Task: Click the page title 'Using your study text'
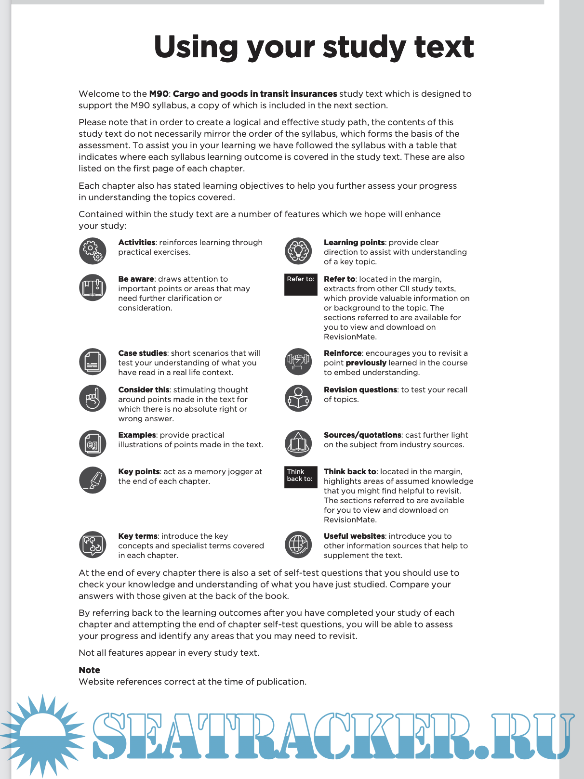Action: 314,47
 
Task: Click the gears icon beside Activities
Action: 93,251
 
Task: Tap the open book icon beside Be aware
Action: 93,287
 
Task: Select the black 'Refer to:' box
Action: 301,284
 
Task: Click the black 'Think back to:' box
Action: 301,477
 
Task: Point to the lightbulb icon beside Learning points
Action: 298,251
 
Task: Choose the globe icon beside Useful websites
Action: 298,545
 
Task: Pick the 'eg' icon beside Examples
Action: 93,443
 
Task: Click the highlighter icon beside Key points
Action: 93,480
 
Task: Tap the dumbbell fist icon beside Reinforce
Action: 298,362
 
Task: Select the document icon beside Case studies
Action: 93,362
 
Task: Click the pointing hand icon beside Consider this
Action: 93,398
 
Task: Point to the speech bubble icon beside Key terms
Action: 93,545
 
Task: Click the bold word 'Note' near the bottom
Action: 89,670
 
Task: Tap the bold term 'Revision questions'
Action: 360,389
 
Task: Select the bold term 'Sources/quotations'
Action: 362,435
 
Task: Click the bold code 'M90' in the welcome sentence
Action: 159,94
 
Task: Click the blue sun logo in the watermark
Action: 42,736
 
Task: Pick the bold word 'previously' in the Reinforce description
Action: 366,363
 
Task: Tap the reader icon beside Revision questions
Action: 298,398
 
